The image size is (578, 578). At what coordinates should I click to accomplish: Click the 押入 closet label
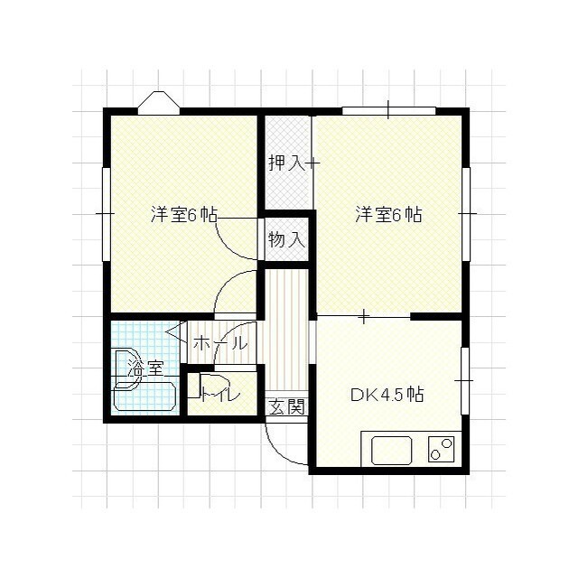tap(284, 163)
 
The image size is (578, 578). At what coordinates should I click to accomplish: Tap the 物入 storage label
tap(286, 240)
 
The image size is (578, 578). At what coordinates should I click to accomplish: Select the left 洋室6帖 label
tap(183, 215)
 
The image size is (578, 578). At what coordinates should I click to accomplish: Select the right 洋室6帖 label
tap(388, 215)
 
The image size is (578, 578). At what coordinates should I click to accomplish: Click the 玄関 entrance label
tap(286, 406)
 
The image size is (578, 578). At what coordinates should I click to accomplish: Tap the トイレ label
tap(220, 394)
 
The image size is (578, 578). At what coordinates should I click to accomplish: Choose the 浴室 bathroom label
tap(145, 368)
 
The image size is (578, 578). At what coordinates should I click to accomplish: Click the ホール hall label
tap(219, 343)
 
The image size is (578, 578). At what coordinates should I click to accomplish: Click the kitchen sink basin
tap(390, 449)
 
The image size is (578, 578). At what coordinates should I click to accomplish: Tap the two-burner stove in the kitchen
tap(442, 449)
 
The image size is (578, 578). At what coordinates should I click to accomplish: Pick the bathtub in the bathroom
tap(144, 397)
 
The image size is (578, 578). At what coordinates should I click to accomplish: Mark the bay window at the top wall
tap(159, 102)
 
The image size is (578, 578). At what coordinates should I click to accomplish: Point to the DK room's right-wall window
tap(465, 379)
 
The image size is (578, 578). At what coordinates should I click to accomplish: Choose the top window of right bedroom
tap(388, 111)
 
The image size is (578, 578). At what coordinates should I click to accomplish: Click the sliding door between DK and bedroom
tap(364, 316)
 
